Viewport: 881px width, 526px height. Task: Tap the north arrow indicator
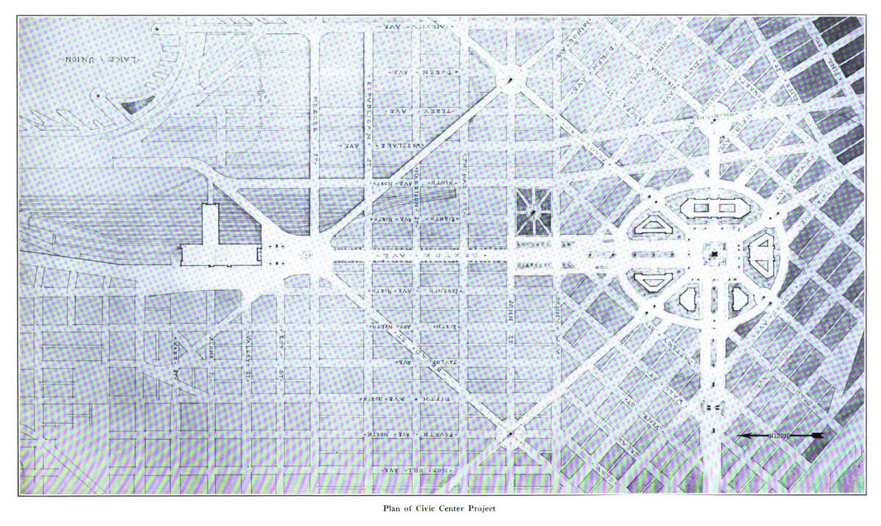tap(780, 436)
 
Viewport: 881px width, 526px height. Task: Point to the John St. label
tap(508, 321)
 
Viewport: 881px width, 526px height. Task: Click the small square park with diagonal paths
tap(534, 211)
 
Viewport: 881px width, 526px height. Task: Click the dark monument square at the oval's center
tap(713, 254)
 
